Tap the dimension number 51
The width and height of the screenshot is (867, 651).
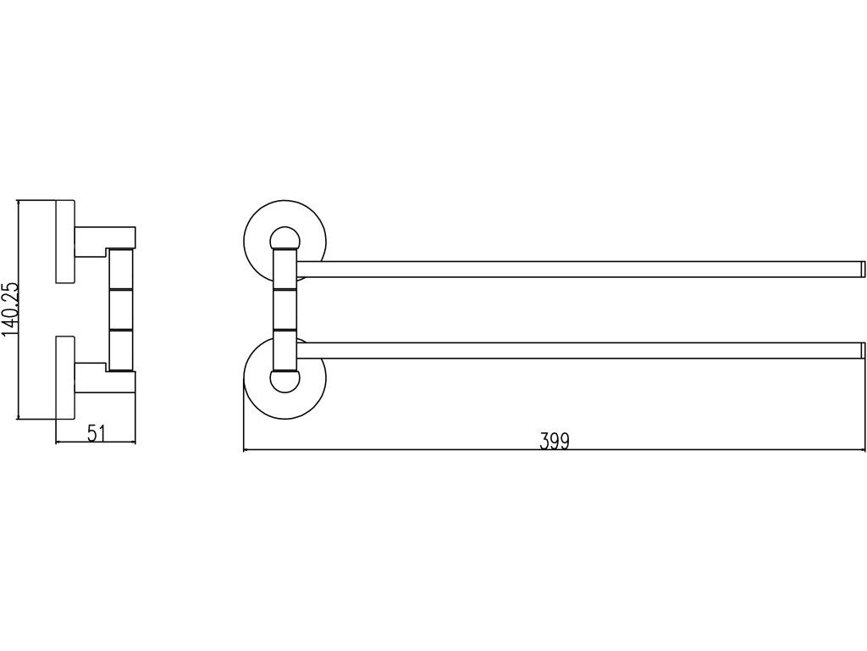96,433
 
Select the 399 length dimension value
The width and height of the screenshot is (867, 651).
555,441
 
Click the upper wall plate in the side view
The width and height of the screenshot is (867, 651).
65,241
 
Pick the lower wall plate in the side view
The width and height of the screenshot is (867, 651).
65,378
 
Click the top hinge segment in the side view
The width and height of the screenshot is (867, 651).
122,270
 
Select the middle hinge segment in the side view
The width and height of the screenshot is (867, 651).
122,309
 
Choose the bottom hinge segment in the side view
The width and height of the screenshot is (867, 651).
122,348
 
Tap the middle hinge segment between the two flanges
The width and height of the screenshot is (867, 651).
285,309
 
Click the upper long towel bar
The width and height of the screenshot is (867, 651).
576,270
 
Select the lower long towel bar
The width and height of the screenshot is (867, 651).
576,350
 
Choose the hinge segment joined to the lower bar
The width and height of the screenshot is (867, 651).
285,349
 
